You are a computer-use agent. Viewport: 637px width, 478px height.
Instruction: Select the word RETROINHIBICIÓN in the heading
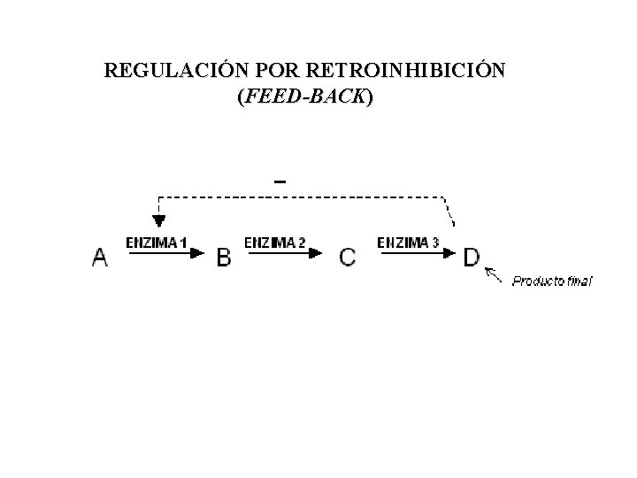[x=406, y=70]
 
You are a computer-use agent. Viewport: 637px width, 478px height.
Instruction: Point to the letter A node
[x=101, y=258]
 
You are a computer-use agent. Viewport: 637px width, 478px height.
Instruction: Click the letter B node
[x=224, y=258]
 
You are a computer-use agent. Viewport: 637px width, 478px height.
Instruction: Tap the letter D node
[x=472, y=257]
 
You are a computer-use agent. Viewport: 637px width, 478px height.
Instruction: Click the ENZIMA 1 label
[x=156, y=242]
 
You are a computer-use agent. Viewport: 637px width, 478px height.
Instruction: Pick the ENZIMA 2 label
[x=275, y=242]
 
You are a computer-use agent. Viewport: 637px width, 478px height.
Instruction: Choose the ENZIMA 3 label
[x=408, y=242]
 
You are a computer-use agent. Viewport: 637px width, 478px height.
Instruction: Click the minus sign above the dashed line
[x=280, y=181]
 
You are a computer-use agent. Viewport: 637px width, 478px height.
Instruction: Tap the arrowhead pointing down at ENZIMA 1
[x=158, y=220]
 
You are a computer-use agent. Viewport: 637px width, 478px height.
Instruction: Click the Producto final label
[x=553, y=281]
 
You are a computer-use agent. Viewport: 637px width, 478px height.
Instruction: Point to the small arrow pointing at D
[x=494, y=276]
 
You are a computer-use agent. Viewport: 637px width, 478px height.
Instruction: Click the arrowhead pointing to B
[x=201, y=252]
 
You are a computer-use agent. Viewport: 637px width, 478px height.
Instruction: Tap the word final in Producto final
[x=579, y=281]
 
